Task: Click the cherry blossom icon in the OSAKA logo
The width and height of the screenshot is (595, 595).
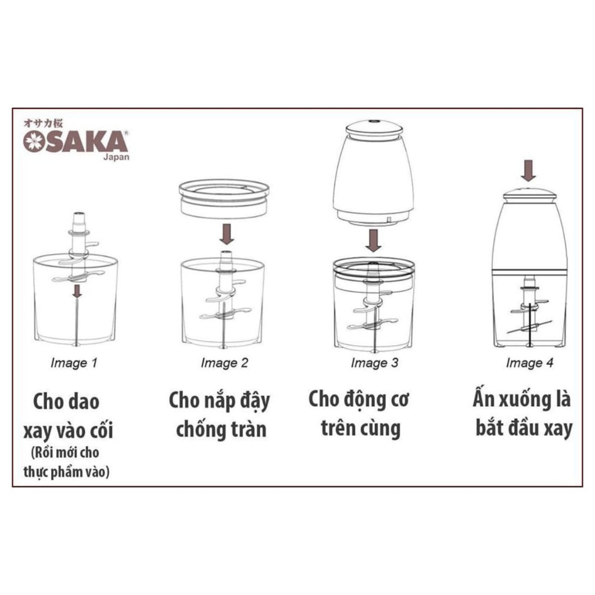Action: (x=34, y=141)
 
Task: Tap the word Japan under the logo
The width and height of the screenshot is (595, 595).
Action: (x=116, y=157)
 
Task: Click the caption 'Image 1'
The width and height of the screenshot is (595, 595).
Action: (x=74, y=363)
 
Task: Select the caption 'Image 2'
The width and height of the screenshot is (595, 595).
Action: (x=224, y=363)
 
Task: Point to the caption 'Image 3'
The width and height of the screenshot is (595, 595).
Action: (x=375, y=363)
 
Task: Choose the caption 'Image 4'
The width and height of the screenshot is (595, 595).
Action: (x=529, y=363)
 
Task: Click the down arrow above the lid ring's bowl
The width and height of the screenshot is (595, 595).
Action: (x=227, y=234)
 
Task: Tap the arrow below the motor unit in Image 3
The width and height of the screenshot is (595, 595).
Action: (x=374, y=240)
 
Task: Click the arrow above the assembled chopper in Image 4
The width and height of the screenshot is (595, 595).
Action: (x=528, y=170)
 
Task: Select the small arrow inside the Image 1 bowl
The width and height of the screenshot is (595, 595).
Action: (x=77, y=291)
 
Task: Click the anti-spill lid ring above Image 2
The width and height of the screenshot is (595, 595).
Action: (x=224, y=199)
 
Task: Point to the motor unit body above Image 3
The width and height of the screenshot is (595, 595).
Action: (x=373, y=173)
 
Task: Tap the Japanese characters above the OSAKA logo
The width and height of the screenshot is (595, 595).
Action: (x=43, y=123)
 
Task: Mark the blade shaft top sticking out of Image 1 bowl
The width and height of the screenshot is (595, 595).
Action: (x=79, y=219)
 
